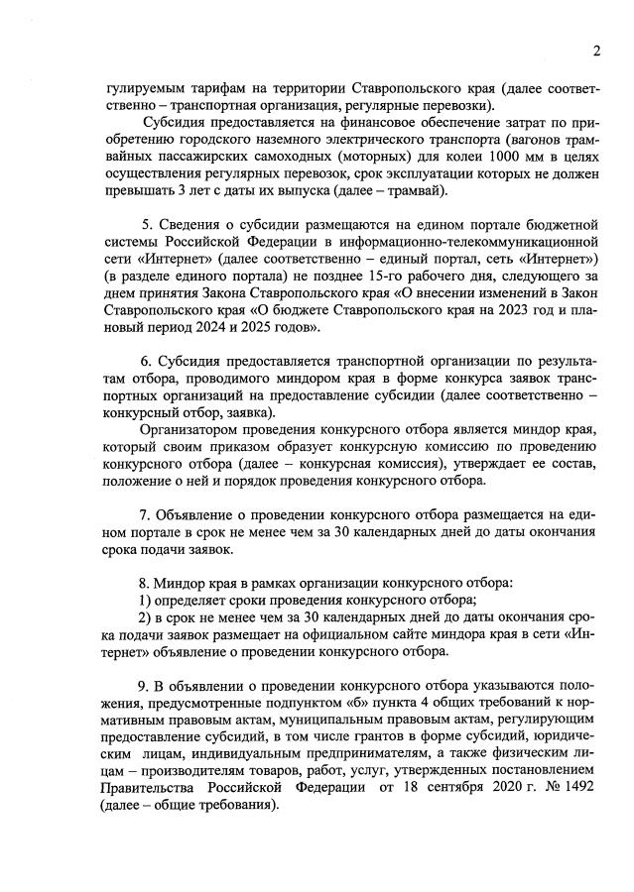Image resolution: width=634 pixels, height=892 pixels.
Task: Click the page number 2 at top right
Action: [597, 52]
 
